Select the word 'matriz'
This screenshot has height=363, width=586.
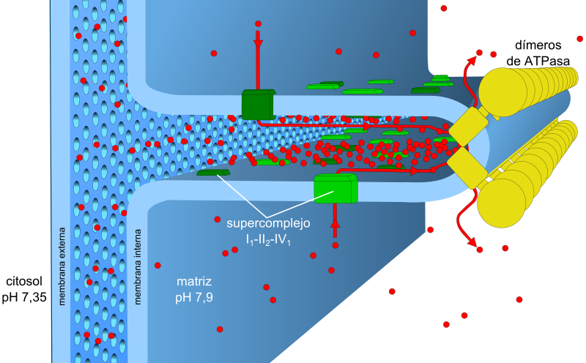point(194,282)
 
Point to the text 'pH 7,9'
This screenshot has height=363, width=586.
point(194,296)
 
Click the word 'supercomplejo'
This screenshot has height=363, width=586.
point(268,222)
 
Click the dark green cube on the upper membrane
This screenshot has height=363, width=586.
point(258,104)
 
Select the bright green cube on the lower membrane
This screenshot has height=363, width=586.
point(335,188)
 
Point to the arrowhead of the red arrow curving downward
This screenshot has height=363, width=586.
point(472,242)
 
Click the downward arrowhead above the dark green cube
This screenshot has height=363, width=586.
point(258,44)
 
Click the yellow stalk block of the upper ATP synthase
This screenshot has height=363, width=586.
point(469,125)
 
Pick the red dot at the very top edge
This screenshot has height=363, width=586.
point(444,8)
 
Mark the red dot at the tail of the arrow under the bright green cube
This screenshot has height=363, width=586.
point(335,245)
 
